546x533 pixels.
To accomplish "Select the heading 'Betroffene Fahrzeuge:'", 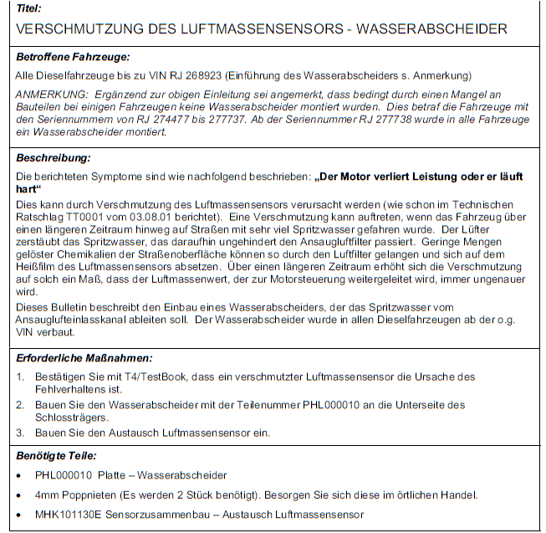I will pyautogui.click(x=73, y=57).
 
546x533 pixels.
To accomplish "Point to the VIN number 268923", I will pyautogui.click(x=215, y=76).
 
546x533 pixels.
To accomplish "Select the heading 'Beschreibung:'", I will pyautogui.click(x=53, y=157).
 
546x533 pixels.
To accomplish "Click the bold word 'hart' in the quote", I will pyautogui.click(x=27, y=188).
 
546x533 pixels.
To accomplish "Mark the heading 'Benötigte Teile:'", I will pyautogui.click(x=56, y=456).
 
